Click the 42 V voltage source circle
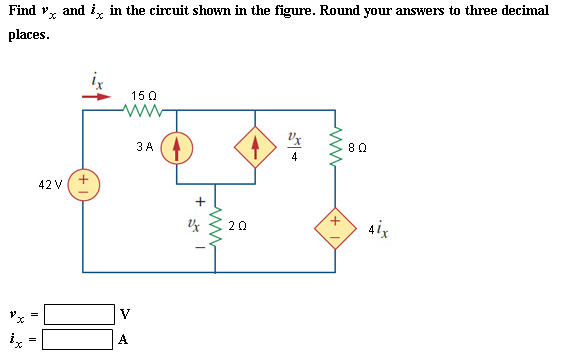[83, 187]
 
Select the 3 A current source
[176, 148]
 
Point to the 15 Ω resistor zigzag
[138, 109]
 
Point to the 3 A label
[143, 147]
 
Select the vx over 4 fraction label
[293, 144]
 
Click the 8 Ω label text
[361, 147]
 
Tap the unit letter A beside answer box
[124, 339]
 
